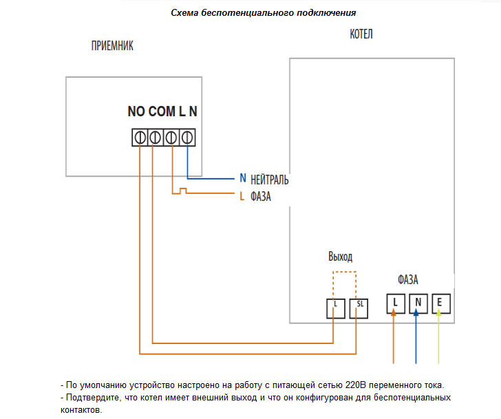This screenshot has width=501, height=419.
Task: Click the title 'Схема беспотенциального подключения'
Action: (x=264, y=13)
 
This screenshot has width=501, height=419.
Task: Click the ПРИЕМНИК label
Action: (x=112, y=46)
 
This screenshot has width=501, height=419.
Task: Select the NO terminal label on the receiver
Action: (x=136, y=111)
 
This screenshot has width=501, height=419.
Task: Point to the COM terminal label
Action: (x=162, y=111)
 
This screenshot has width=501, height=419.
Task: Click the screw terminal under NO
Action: (x=140, y=137)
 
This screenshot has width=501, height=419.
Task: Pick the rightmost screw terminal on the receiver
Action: (x=185, y=137)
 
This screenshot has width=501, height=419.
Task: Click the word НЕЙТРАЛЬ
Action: (x=270, y=180)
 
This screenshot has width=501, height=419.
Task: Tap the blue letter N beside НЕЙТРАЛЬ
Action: (x=242, y=178)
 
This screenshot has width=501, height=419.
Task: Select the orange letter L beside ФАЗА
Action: (x=242, y=196)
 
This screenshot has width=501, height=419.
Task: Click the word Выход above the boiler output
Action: (x=340, y=257)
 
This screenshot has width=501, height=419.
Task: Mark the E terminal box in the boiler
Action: (x=440, y=303)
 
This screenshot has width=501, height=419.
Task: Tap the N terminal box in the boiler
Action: (x=418, y=303)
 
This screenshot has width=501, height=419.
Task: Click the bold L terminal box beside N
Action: (x=395, y=303)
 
